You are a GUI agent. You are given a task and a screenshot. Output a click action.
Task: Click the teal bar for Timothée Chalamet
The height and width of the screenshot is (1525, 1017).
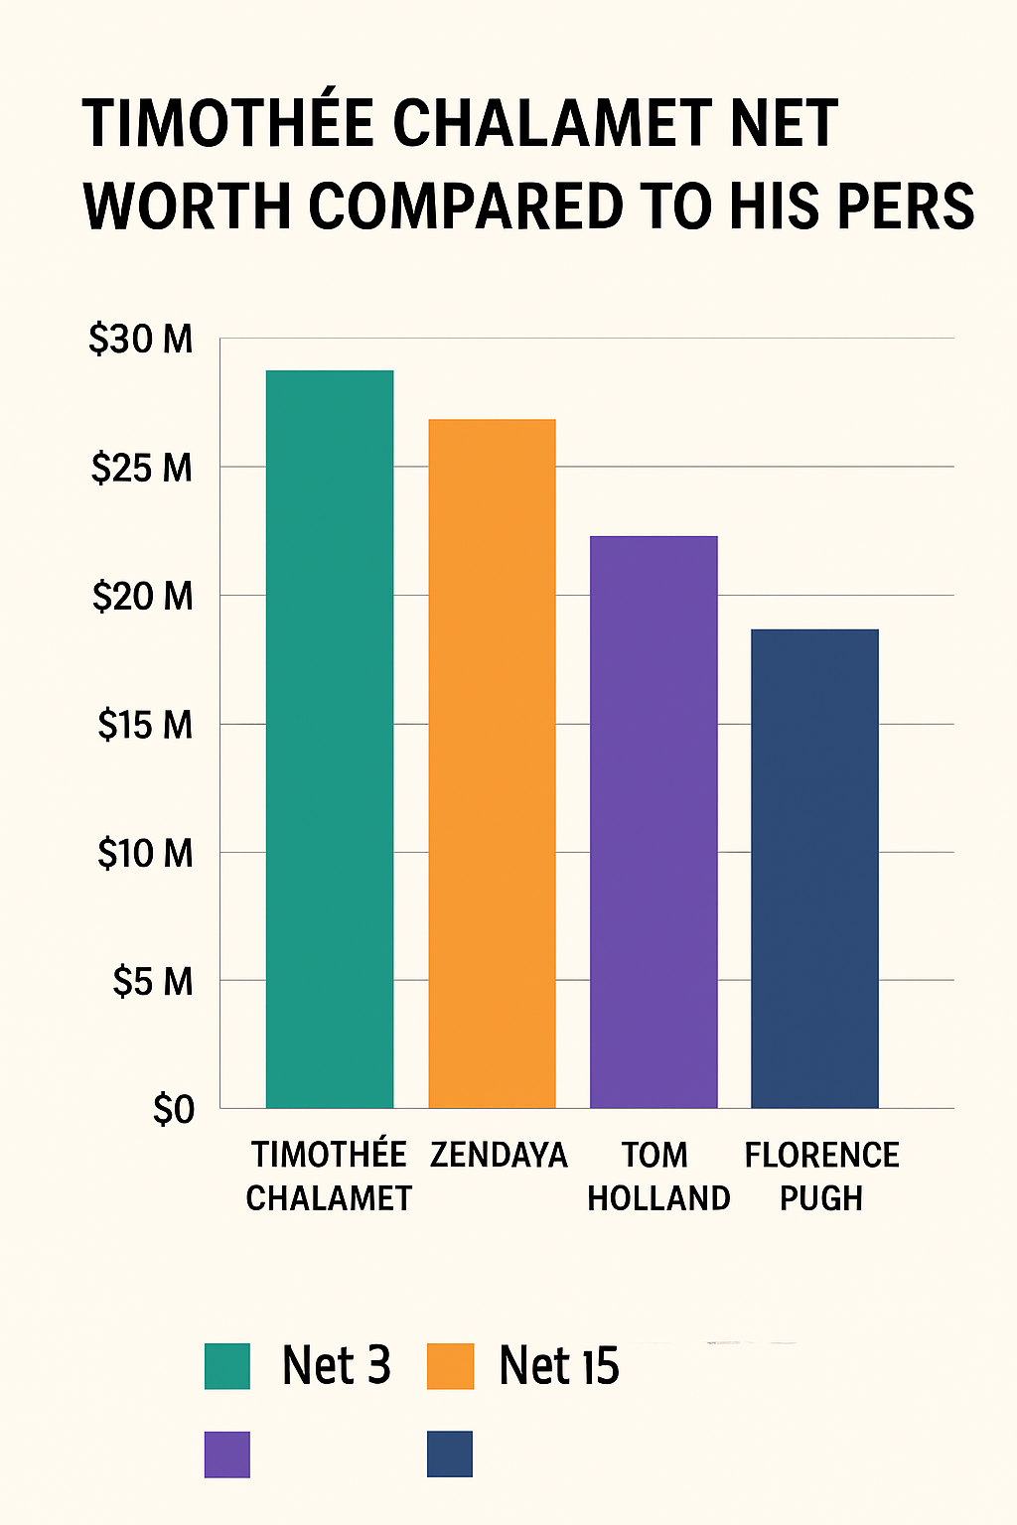330,739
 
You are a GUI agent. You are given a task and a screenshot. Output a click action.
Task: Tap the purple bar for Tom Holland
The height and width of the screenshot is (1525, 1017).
654,821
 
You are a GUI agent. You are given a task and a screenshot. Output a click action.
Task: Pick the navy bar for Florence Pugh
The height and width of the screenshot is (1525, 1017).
814,868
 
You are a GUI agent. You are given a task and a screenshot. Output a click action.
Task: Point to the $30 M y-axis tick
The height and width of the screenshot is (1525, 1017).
141,340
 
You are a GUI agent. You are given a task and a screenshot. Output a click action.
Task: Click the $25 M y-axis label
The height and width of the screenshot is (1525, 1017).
141,468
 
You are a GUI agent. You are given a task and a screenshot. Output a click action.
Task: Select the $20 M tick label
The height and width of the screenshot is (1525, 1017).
142,597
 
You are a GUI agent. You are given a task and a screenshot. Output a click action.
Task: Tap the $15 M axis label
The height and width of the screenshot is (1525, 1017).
144,725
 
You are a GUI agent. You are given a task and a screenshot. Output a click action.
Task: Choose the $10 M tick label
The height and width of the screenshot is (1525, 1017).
144,853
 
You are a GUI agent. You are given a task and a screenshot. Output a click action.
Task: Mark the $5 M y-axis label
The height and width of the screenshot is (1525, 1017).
152,982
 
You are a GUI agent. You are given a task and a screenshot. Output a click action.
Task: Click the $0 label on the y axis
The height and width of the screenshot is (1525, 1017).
174,1110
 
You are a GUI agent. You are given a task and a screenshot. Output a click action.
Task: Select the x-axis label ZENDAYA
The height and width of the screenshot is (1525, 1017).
499,1156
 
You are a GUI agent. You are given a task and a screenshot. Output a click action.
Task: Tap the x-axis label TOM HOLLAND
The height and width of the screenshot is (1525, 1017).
657,1177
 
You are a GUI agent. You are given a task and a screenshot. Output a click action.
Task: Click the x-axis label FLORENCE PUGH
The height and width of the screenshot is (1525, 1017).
821,1177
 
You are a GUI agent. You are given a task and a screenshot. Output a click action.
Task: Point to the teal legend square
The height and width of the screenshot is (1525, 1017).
227,1366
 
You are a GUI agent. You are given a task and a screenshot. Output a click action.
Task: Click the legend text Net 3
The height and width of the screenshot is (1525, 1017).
336,1366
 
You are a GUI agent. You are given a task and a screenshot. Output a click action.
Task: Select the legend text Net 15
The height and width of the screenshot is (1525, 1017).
558,1366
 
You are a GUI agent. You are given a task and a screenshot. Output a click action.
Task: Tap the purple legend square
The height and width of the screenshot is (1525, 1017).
227,1455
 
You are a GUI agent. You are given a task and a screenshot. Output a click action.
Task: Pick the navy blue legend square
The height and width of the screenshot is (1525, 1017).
450,1455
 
